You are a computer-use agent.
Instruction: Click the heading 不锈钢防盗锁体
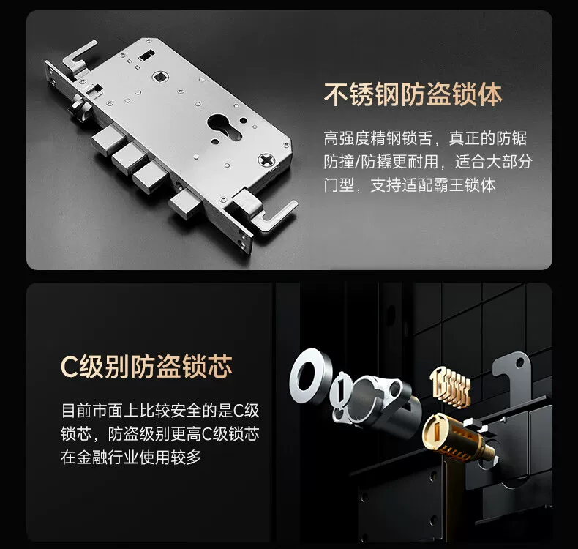pyautogui.click(x=413, y=95)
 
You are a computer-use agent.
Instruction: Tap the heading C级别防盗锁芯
pyautogui.click(x=147, y=367)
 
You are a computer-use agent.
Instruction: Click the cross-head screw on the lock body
pyautogui.click(x=266, y=160)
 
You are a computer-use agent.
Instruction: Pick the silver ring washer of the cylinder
pyautogui.click(x=309, y=376)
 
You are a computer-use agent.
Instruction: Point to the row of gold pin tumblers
pyautogui.click(x=450, y=386)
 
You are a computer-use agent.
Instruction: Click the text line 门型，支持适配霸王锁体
pyautogui.click(x=409, y=185)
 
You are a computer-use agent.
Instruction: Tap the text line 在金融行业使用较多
pyautogui.click(x=131, y=457)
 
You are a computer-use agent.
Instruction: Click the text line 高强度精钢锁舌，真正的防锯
pyautogui.click(x=425, y=138)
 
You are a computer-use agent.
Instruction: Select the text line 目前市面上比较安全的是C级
pyautogui.click(x=160, y=411)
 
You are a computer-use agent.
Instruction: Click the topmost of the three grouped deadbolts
pyautogui.click(x=108, y=140)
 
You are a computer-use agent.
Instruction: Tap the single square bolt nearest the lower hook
pyautogui.click(x=186, y=205)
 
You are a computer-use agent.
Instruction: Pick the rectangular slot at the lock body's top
pyautogui.click(x=146, y=56)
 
